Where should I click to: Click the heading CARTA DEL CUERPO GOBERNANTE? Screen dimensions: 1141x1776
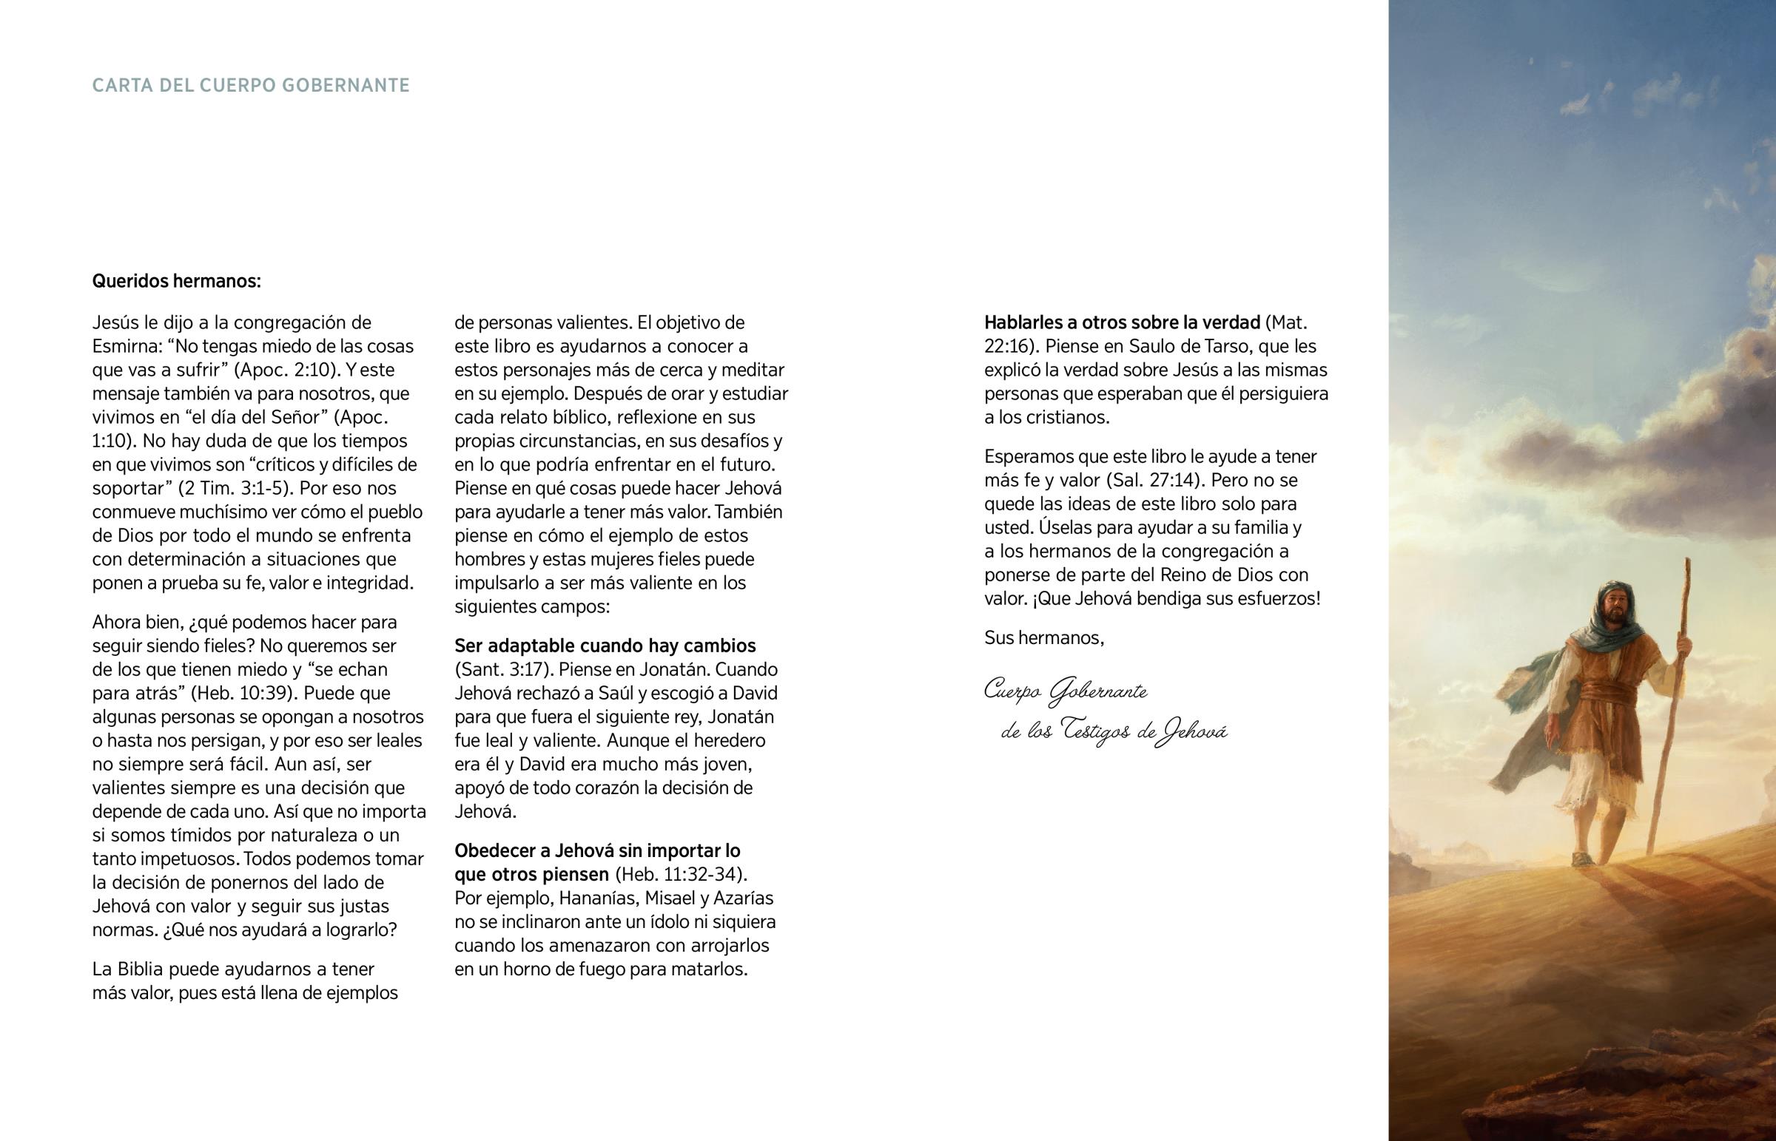[251, 86]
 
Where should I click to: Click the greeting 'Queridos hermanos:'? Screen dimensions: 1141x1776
[176, 282]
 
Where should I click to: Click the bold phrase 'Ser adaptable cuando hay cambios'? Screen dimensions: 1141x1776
[605, 646]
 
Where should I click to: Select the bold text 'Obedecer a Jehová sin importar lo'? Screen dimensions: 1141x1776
[597, 850]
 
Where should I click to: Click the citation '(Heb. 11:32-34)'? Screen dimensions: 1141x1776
[681, 873]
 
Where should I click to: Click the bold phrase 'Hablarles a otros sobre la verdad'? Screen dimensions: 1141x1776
[1123, 322]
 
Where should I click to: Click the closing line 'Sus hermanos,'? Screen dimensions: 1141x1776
[1044, 638]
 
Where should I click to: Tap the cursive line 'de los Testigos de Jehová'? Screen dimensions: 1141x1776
[1114, 732]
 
